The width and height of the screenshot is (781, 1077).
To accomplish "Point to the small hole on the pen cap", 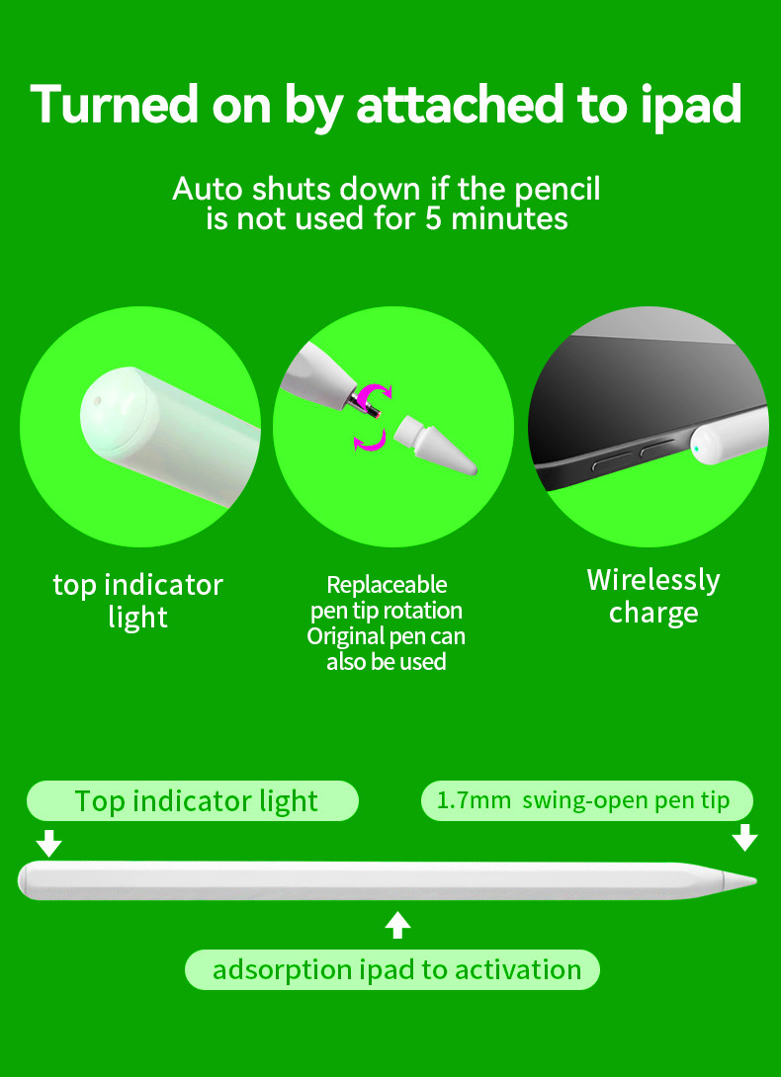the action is click(97, 398).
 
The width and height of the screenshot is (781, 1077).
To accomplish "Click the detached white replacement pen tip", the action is click(435, 444).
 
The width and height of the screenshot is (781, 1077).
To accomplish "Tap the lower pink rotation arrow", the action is click(370, 441).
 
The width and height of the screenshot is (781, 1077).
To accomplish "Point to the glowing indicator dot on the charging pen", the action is click(697, 450).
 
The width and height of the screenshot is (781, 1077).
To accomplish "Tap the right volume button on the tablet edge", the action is click(657, 452).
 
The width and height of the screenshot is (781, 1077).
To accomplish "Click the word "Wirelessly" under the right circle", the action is click(653, 580).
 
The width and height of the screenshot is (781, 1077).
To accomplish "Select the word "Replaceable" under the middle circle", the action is click(387, 585).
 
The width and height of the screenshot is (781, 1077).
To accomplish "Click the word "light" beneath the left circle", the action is click(137, 617).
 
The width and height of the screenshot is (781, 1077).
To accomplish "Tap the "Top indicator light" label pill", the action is click(193, 801).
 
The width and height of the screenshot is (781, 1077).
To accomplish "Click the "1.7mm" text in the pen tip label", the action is click(473, 801).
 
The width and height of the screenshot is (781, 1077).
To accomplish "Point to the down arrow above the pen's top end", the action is click(48, 844).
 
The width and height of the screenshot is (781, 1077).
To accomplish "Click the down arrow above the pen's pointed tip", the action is click(744, 838).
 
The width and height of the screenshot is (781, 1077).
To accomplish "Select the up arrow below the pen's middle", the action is click(397, 925).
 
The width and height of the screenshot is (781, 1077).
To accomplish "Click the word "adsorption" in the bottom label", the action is click(282, 970).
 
